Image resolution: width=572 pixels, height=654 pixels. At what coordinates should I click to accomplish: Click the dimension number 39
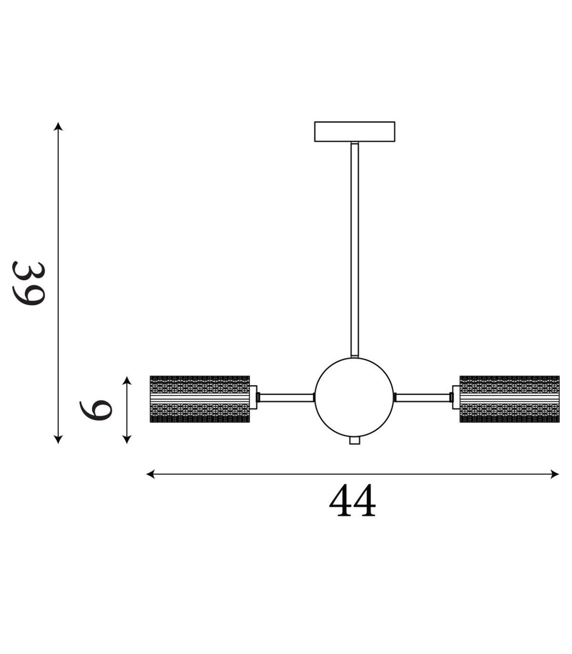click(28, 283)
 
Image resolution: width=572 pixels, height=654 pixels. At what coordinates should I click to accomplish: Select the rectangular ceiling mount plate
click(354, 132)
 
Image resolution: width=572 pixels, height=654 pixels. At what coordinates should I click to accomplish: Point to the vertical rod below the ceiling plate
click(354, 250)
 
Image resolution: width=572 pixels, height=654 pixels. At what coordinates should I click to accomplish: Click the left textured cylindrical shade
click(200, 399)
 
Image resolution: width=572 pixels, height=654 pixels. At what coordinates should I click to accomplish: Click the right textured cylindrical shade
click(510, 399)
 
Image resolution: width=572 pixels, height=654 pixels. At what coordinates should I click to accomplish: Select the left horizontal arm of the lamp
click(286, 398)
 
